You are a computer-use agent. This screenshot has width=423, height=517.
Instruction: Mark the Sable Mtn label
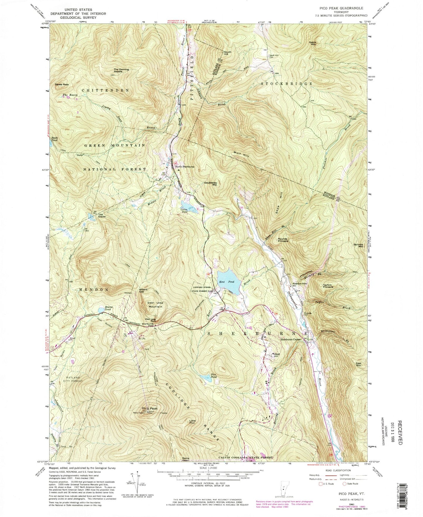click(313, 43)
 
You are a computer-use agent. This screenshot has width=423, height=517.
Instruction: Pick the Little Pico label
click(192, 422)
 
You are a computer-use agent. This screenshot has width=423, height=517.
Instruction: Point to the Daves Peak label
click(62, 85)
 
